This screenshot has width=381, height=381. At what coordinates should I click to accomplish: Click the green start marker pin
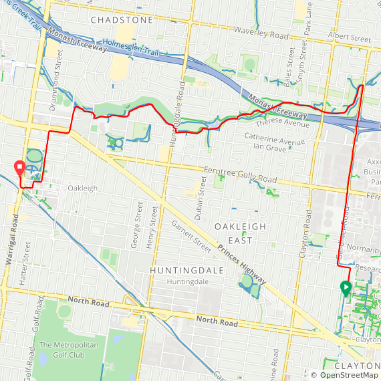pyautogui.click(x=346, y=288)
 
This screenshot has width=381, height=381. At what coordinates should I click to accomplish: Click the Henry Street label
pyautogui.click(x=154, y=227)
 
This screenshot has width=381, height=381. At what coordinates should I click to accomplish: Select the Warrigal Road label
pyautogui.click(x=11, y=247)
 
